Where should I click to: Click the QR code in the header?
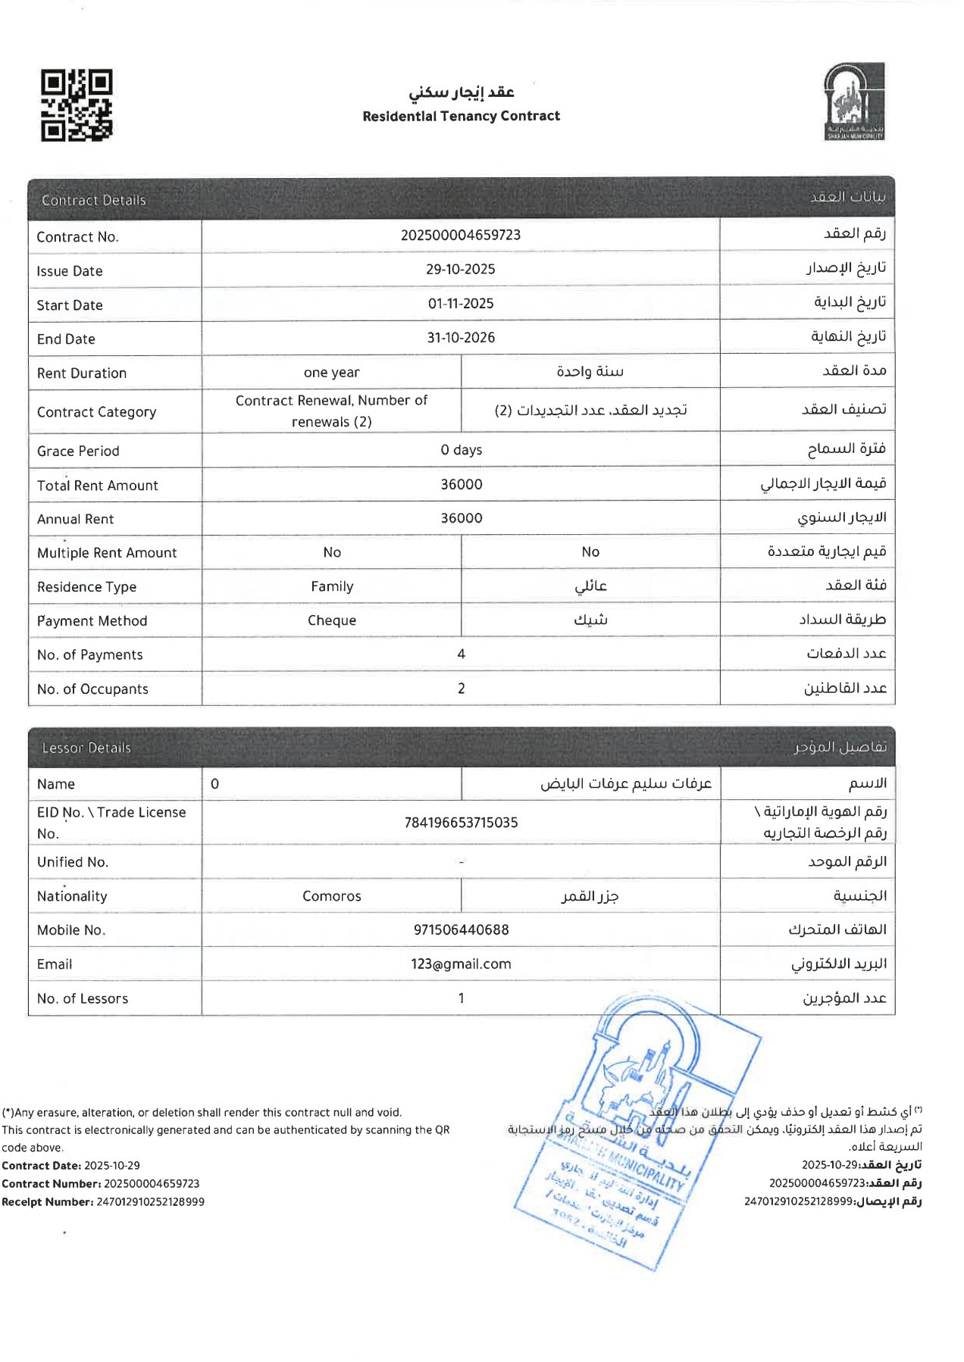tap(77, 105)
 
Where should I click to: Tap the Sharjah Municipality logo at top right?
tap(854, 102)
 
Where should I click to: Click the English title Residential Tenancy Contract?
tap(461, 116)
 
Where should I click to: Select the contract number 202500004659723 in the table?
tap(461, 235)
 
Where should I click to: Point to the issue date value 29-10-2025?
tap(461, 269)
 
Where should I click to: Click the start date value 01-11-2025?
tap(461, 303)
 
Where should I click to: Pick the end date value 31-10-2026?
tap(461, 337)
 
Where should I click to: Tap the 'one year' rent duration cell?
tap(331, 372)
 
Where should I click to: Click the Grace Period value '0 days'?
tap(461, 450)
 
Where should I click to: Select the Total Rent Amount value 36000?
tap(461, 484)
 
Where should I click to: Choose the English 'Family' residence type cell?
tap(331, 586)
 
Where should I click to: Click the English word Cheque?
tap(331, 620)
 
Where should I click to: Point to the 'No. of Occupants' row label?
tap(92, 689)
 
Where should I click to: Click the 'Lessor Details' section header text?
tap(86, 748)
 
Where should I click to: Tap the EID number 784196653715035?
tap(461, 822)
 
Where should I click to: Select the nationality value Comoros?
tap(331, 896)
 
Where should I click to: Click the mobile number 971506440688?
tap(461, 929)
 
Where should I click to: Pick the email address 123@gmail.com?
tap(461, 964)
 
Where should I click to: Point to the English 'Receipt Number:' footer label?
tap(47, 1201)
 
